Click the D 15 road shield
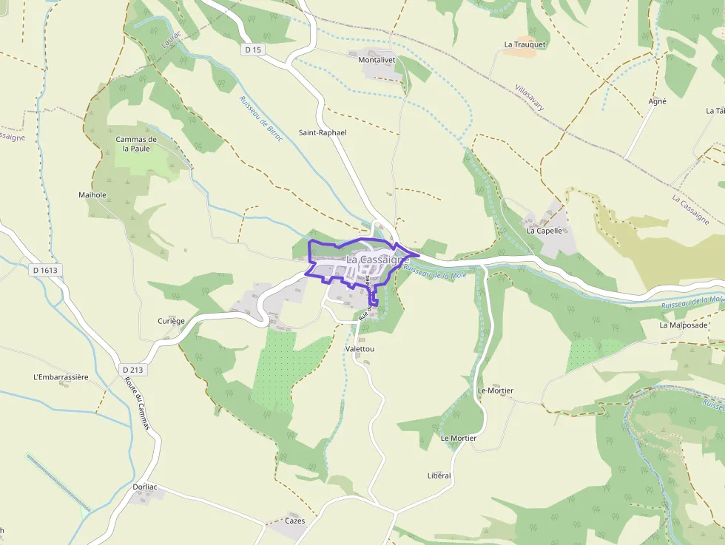(253, 50)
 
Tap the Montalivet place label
(376, 60)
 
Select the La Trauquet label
(525, 44)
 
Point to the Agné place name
(657, 101)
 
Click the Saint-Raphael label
(323, 132)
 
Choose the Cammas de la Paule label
(136, 143)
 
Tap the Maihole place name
(92, 195)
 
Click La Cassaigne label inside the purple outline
(377, 260)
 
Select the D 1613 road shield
(44, 270)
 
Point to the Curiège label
(171, 321)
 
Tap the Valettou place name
(360, 348)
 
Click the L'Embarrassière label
(61, 377)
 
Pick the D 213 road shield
(132, 369)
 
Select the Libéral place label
(439, 475)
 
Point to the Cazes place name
(294, 521)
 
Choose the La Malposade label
(684, 325)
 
